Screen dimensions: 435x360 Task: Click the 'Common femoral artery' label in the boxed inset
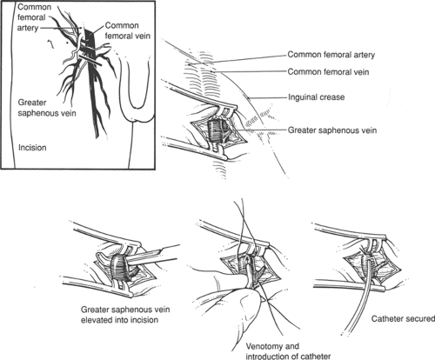(34, 17)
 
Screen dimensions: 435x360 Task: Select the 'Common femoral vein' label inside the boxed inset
(127, 30)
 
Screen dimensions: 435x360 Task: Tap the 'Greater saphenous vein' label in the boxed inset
(47, 108)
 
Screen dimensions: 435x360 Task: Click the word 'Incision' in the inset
(32, 148)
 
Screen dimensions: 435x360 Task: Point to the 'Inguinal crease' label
(316, 97)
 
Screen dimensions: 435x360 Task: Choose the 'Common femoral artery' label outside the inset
(331, 55)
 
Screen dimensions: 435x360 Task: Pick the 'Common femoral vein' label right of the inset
(328, 71)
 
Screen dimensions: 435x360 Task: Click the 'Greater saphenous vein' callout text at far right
(332, 130)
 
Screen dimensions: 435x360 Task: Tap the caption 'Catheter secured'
(403, 319)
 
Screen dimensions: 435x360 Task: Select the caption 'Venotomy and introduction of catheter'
(288, 351)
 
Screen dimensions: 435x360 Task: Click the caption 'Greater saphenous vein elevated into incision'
(125, 315)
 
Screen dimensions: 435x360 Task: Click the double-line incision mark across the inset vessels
(90, 60)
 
